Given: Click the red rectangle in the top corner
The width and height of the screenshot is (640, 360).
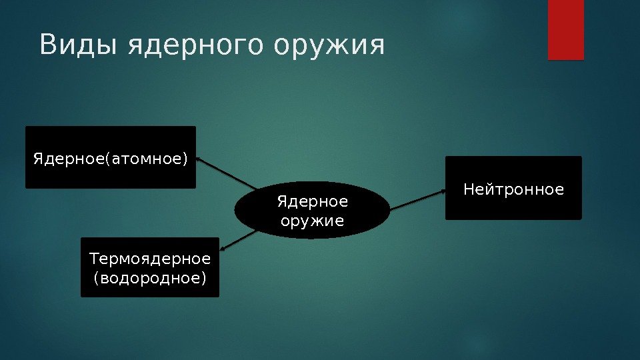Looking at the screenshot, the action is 565,30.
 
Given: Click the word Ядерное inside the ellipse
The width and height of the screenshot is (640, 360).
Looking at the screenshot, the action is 313,201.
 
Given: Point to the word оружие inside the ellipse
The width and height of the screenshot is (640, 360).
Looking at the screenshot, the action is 313,220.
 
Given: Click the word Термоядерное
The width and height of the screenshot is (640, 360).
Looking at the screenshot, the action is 150,258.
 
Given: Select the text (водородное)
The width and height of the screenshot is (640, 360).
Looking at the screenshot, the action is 150,277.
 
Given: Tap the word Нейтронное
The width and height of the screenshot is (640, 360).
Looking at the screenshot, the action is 513,190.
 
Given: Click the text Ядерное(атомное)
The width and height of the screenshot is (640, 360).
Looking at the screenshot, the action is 111,159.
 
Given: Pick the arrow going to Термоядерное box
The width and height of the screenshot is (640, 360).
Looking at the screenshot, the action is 240,240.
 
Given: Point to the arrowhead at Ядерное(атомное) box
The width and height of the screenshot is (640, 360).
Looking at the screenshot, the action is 201,161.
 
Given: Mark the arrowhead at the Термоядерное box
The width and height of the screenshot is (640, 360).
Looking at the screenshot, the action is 223,249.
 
